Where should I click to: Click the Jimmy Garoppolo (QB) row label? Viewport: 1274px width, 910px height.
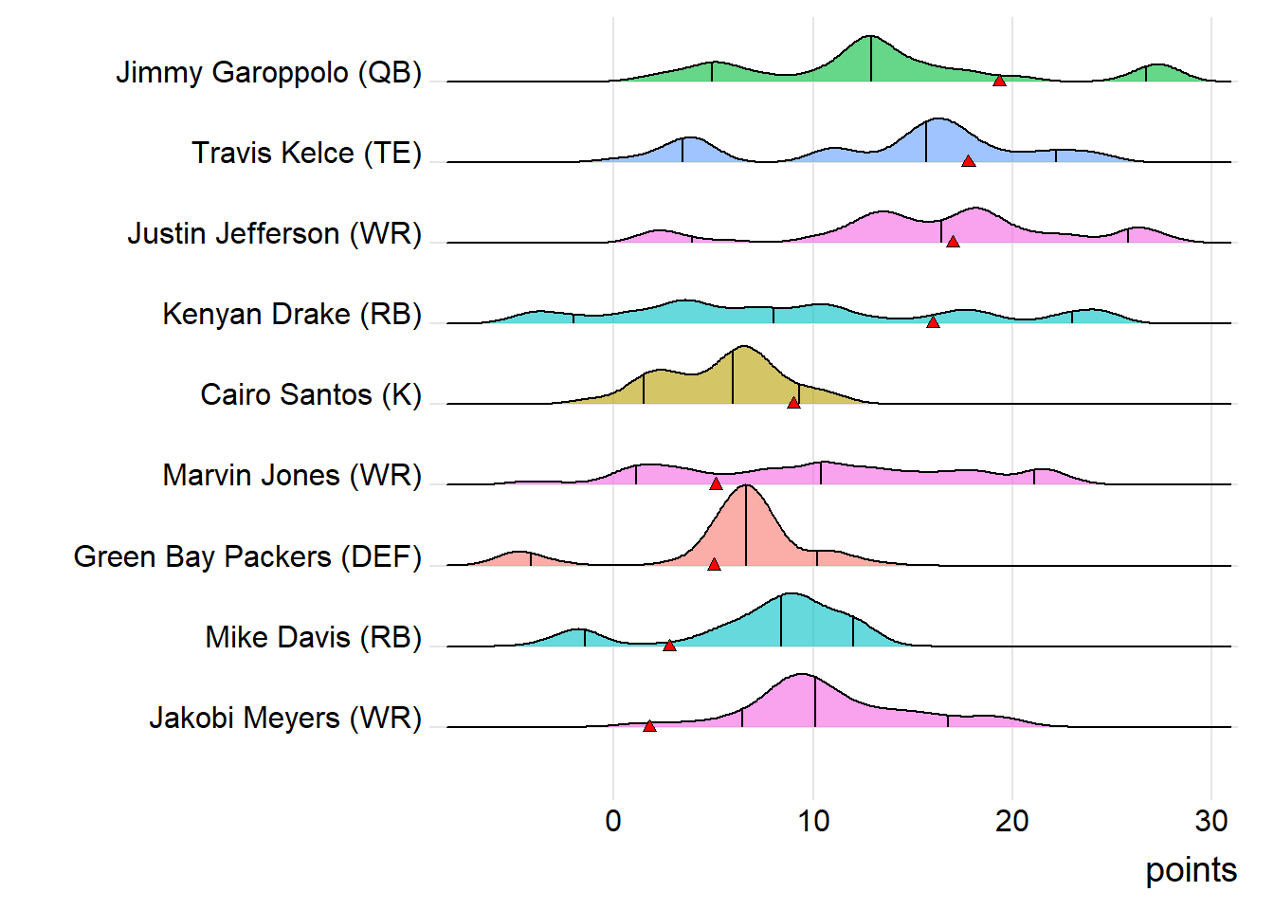(x=268, y=73)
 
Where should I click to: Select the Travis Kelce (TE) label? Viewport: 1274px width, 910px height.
(x=306, y=154)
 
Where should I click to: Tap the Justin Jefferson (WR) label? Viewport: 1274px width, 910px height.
(x=274, y=234)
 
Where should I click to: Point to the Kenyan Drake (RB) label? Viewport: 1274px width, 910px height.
(x=292, y=315)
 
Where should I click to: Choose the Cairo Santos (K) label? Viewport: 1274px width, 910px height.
(x=311, y=395)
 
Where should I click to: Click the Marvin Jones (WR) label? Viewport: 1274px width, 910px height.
(x=292, y=476)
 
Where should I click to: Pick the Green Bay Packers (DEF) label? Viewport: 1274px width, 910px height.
(x=247, y=557)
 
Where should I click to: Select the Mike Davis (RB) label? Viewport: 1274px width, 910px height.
(x=313, y=638)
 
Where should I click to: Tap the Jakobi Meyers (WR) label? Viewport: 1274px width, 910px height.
(x=285, y=719)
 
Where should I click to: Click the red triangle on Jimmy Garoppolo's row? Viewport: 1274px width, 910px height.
(x=999, y=81)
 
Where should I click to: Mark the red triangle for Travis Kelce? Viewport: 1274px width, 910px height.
(x=968, y=161)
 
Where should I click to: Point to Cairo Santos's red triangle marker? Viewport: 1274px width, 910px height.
(x=793, y=403)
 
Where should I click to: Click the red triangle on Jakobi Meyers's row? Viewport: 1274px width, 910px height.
(x=649, y=726)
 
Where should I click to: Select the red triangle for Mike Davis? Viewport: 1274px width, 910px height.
(x=669, y=646)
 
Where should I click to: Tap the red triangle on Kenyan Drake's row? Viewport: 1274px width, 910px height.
(x=933, y=322)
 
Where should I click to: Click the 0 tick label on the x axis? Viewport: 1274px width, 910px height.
(x=613, y=821)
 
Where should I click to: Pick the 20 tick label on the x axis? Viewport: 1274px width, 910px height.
(x=1011, y=821)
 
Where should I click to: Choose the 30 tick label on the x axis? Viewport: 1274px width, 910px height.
(x=1211, y=821)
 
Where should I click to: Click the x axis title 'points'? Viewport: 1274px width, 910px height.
(x=1191, y=870)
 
